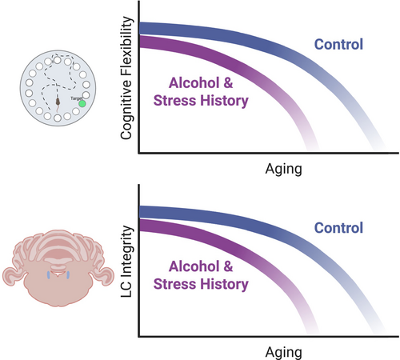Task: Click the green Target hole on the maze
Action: coord(82,103)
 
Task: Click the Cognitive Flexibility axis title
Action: coord(126,78)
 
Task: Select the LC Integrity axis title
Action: coord(126,262)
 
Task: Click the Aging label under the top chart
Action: coord(284,170)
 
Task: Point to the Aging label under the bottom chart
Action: coord(284,353)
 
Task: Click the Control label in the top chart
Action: coord(338,44)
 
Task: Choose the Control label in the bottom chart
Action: coord(338,228)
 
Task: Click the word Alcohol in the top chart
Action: coord(194,82)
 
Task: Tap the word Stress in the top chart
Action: coord(175,101)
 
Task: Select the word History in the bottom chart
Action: coord(224,285)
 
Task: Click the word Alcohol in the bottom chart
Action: coord(194,266)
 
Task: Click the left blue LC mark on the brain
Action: coord(49,275)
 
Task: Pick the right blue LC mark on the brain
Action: coord(68,275)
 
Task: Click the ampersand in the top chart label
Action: coord(228,82)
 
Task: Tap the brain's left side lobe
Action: coord(11,277)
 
